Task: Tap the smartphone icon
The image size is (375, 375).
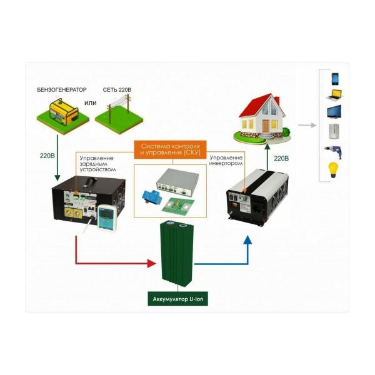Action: coord(335,79)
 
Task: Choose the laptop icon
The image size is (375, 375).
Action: coord(334,96)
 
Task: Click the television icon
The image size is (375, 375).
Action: coord(334,113)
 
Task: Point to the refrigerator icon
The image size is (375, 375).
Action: coord(334,132)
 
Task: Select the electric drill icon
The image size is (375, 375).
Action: coord(334,151)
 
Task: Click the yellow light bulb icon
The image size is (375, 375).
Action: coord(334,169)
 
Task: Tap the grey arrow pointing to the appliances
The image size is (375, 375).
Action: coord(307,125)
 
